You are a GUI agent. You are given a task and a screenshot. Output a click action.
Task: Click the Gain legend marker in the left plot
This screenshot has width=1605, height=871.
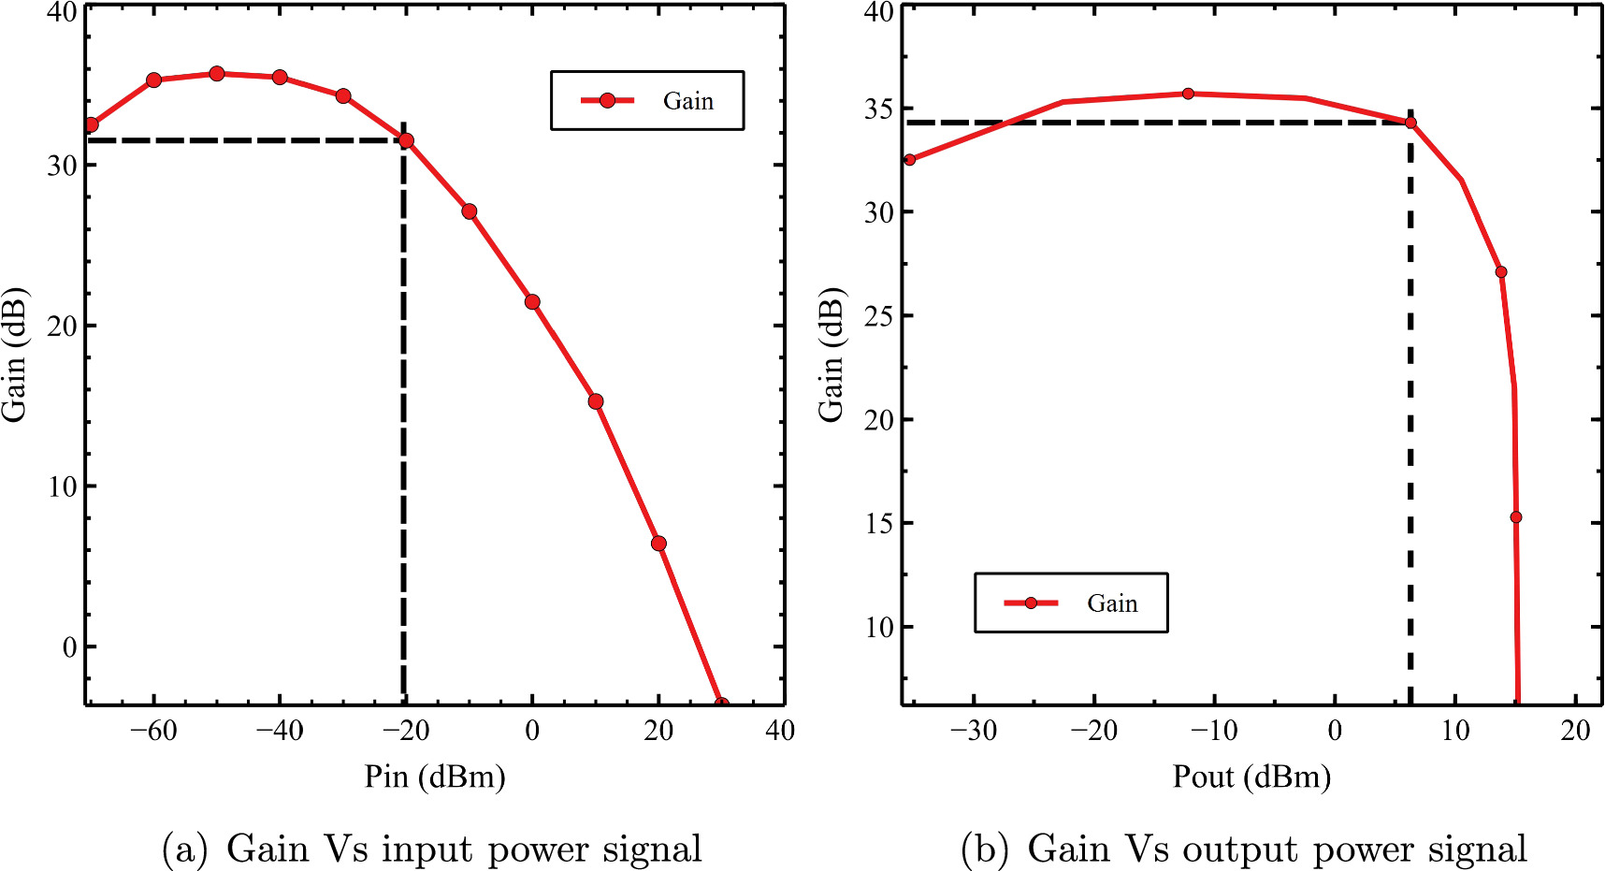tap(607, 100)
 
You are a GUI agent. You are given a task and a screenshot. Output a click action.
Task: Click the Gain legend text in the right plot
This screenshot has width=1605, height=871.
tap(1112, 603)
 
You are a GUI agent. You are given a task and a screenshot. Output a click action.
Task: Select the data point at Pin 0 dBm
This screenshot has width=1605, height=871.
tap(532, 301)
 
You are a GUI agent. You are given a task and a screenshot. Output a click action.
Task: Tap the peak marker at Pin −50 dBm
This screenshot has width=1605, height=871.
tap(217, 73)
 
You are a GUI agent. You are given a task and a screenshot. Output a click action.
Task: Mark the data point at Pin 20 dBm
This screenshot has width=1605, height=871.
tap(658, 544)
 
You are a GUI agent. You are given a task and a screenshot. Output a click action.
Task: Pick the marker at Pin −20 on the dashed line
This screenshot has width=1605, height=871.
tap(406, 140)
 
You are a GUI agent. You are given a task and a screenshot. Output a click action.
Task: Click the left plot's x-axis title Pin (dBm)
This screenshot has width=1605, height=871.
tap(435, 777)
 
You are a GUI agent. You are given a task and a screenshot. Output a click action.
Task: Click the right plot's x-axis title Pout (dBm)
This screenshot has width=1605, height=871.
tap(1251, 777)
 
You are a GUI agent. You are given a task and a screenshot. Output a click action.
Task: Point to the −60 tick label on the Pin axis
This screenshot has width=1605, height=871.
tap(153, 732)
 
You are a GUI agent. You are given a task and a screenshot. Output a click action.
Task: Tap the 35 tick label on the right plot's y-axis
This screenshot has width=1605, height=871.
tap(878, 109)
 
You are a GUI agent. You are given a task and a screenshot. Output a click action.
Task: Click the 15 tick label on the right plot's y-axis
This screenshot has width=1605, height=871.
tap(878, 524)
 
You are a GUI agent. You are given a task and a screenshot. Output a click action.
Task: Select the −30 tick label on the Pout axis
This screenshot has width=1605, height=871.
tap(974, 732)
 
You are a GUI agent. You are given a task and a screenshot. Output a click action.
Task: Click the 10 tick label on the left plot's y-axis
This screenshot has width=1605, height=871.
tap(64, 486)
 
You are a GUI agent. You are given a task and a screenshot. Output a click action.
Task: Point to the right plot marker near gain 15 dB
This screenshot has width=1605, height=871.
tap(1516, 517)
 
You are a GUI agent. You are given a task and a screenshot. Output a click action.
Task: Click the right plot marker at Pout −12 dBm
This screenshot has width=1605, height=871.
tap(1188, 94)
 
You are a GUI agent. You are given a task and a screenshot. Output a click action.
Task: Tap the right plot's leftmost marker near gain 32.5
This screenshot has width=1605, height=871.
tap(909, 160)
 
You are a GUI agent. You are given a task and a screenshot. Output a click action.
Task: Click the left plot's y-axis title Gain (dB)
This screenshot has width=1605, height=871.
tap(15, 356)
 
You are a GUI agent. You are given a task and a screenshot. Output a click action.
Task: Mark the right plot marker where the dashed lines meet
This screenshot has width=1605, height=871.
tap(1410, 123)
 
